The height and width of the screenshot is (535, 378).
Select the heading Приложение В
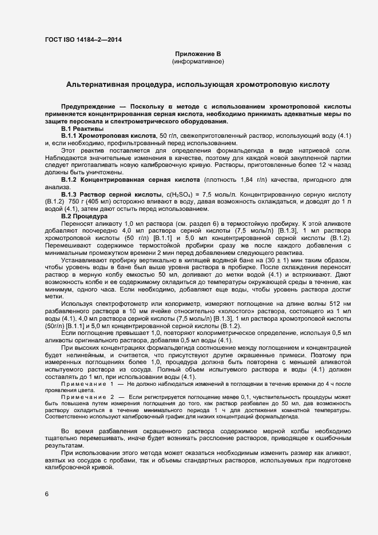click(x=198, y=53)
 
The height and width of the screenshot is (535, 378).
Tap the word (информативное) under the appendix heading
click(x=198, y=61)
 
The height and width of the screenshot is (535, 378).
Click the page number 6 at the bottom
click(x=47, y=495)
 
